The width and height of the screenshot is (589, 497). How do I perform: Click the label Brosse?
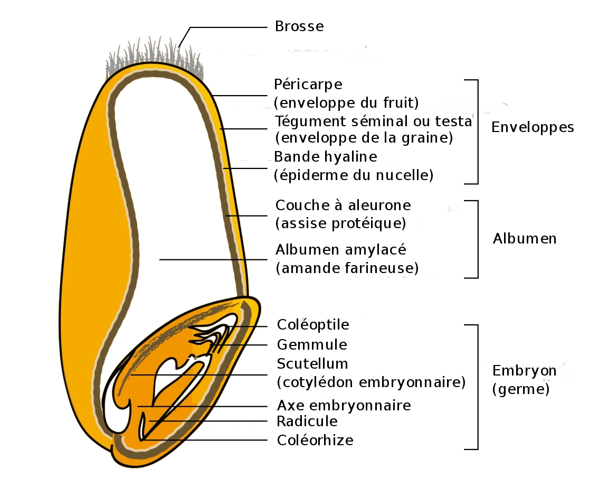299,26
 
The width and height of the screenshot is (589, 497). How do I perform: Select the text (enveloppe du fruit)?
346,101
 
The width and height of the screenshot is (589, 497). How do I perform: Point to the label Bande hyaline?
326,157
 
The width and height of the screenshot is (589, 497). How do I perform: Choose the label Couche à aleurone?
343,204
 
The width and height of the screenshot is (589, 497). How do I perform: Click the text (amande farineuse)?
347,268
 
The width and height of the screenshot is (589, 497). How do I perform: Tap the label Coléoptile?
313,324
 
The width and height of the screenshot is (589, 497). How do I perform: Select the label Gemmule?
312,345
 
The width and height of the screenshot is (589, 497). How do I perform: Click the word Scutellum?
312,364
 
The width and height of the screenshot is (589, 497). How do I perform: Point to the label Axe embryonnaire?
344,406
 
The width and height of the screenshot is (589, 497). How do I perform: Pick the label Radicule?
307,421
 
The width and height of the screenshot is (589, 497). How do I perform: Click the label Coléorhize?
315,440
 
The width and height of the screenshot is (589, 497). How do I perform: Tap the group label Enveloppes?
532,127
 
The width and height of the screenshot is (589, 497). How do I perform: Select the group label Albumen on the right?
524,239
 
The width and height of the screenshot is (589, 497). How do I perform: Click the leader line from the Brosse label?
227,27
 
